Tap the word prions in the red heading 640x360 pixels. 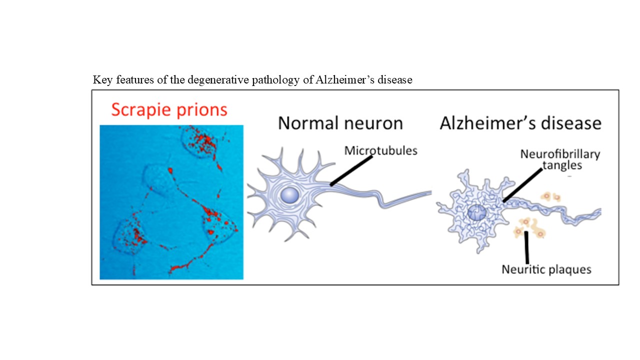(202, 110)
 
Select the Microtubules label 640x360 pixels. (380, 150)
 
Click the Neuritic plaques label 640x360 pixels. (546, 269)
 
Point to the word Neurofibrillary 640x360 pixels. (560, 154)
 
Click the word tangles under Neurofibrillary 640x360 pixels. (562, 165)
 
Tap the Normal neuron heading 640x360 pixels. (340, 123)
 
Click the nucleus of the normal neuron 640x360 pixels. (289, 195)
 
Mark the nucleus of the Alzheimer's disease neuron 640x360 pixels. (476, 212)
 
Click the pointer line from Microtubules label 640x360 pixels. (351, 170)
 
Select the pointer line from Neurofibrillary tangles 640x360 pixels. (522, 185)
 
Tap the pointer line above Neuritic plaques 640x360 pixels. (526, 247)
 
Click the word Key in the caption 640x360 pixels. (102, 80)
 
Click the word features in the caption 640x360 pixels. (135, 79)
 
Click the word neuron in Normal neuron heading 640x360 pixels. (373, 124)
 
